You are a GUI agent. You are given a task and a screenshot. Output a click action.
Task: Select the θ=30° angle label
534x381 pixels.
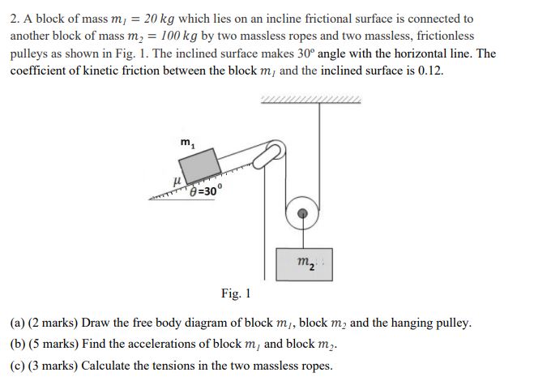pos(202,191)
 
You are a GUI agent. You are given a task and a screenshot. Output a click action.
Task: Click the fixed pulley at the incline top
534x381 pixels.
pos(274,150)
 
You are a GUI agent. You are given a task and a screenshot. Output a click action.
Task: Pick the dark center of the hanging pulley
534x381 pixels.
pos(302,214)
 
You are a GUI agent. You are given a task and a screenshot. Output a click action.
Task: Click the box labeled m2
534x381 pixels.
pos(302,262)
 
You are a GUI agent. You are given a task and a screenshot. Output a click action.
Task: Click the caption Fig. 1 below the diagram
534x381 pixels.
pos(236,293)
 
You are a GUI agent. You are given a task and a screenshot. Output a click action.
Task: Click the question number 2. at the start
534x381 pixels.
pos(15,18)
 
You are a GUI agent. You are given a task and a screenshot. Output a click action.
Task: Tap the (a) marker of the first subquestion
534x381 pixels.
pos(17,323)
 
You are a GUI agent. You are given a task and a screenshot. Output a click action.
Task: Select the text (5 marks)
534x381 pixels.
pos(54,344)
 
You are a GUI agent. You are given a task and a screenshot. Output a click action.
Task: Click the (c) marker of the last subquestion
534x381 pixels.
pos(17,365)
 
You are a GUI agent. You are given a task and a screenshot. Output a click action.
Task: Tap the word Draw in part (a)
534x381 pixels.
pos(96,323)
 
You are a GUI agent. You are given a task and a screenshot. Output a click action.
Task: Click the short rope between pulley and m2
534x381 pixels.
pos(302,235)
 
